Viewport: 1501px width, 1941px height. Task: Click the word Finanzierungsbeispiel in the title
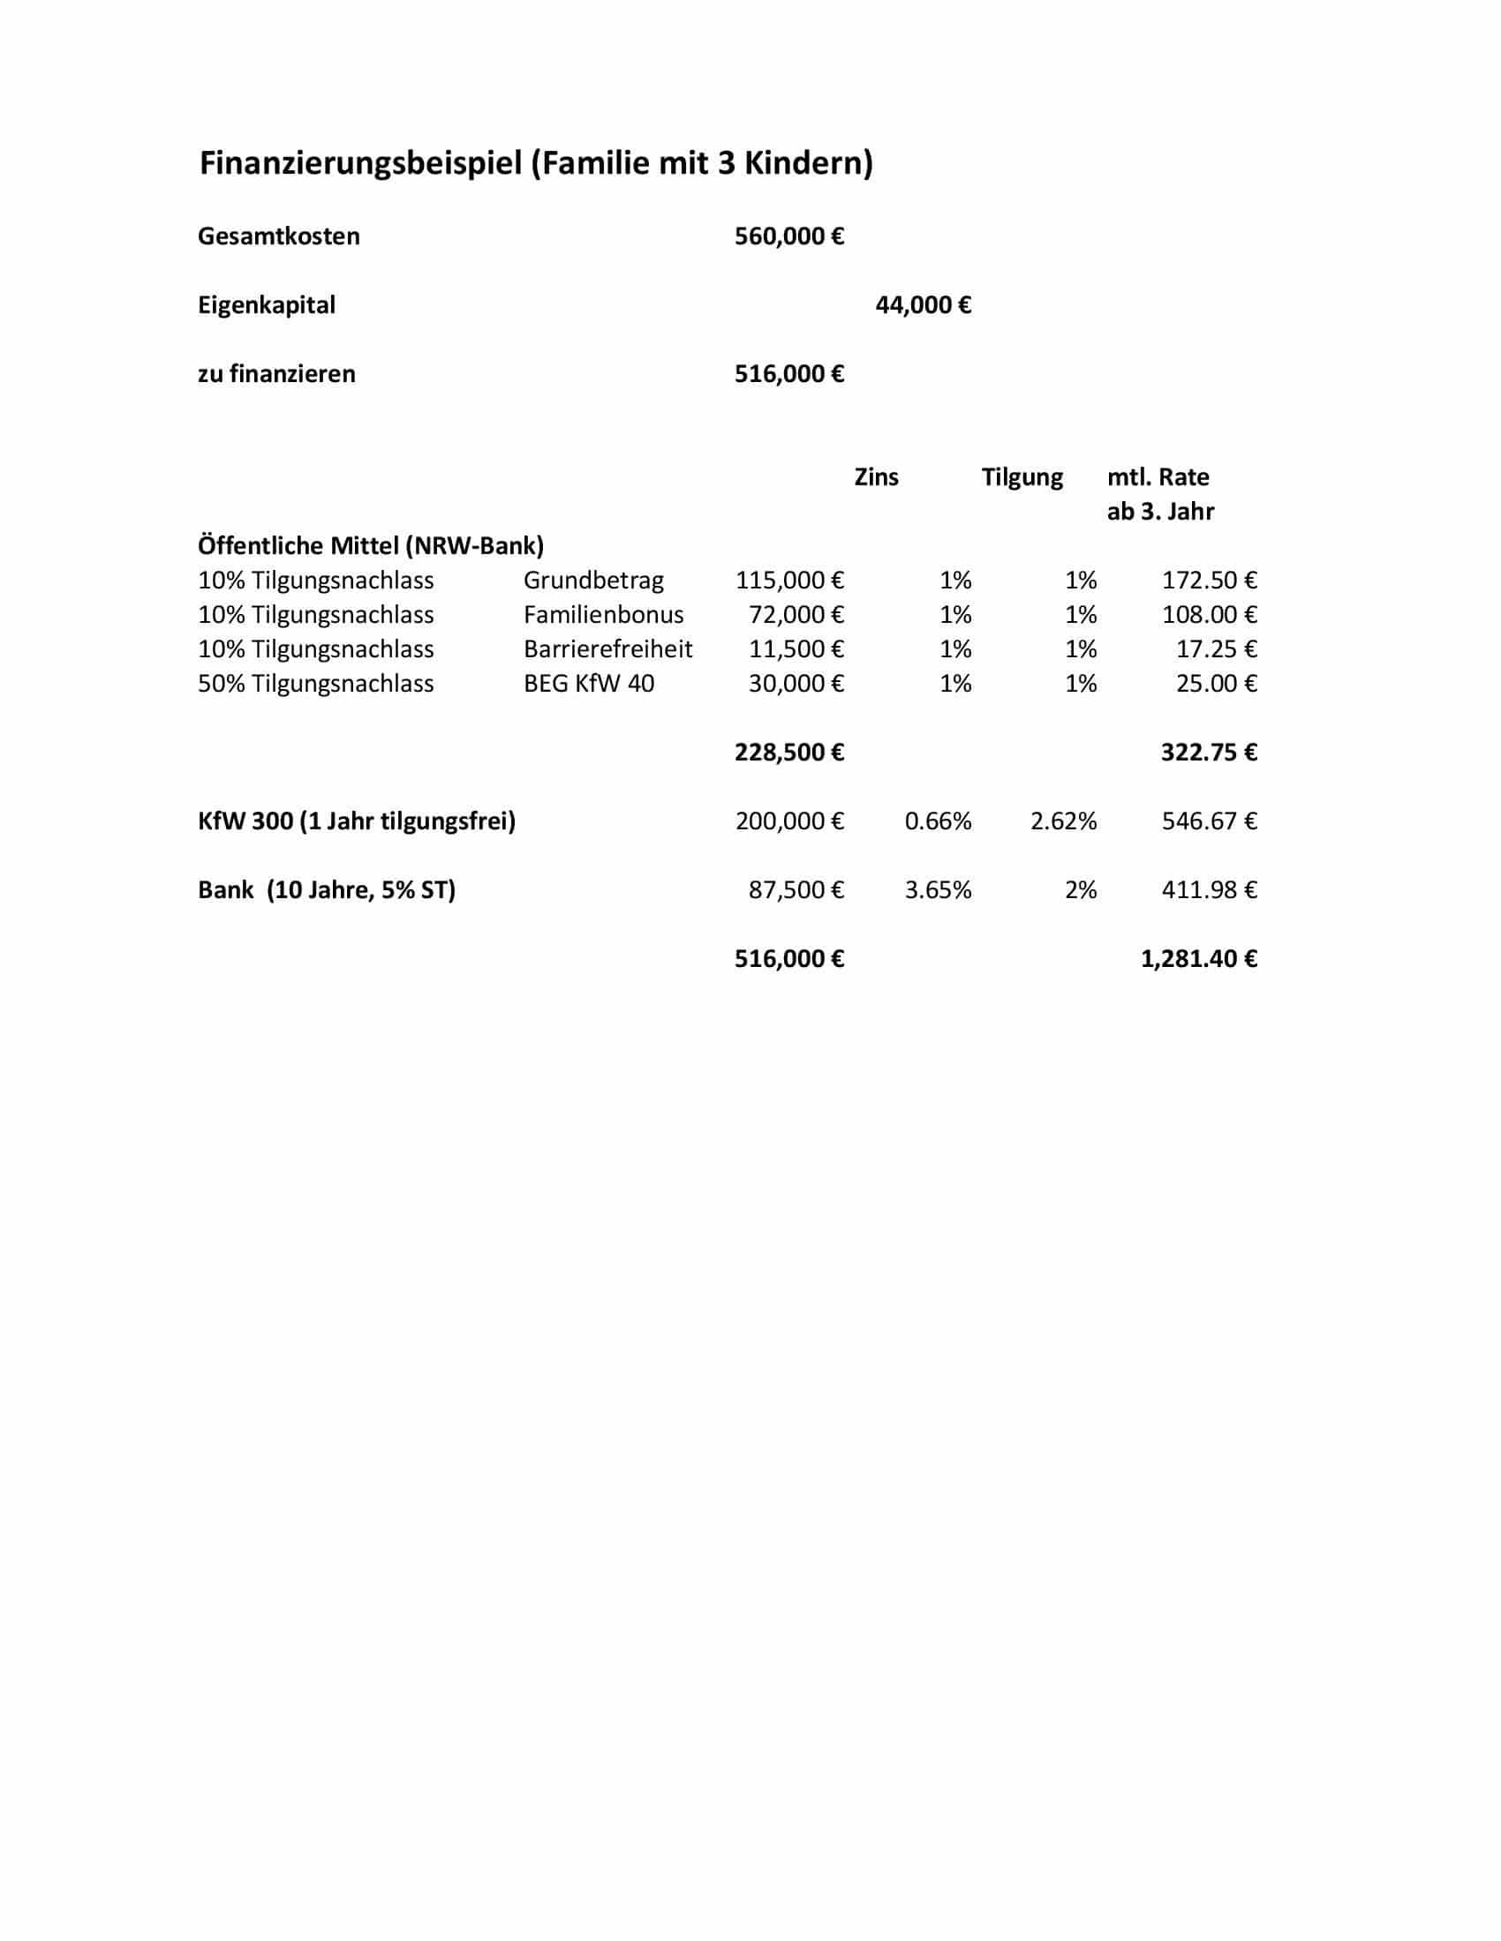pyautogui.click(x=360, y=164)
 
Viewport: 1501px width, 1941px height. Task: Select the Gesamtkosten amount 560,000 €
pyautogui.click(x=788, y=236)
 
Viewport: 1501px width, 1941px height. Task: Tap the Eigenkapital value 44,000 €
pyautogui.click(x=923, y=306)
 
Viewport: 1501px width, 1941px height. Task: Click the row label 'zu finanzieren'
pyautogui.click(x=276, y=374)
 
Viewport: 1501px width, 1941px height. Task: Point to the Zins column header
pyautogui.click(x=876, y=477)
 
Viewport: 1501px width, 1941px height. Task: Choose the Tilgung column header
pyautogui.click(x=1022, y=477)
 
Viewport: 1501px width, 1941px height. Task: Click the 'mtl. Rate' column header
pyautogui.click(x=1158, y=477)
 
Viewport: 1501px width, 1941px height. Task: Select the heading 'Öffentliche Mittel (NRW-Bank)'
pyautogui.click(x=371, y=545)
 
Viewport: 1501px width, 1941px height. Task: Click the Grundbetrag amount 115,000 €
pyautogui.click(x=788, y=581)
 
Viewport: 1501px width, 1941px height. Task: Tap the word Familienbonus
pyautogui.click(x=603, y=615)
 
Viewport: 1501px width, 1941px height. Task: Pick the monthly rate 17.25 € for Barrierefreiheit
pyautogui.click(x=1216, y=649)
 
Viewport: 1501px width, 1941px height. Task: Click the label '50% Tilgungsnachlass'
pyautogui.click(x=316, y=685)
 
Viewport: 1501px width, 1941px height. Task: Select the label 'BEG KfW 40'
pyautogui.click(x=589, y=685)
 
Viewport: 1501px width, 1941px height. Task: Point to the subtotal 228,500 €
pyautogui.click(x=788, y=753)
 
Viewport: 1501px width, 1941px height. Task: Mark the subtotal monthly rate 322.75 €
pyautogui.click(x=1209, y=753)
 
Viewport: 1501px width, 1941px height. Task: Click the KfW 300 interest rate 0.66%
pyautogui.click(x=937, y=821)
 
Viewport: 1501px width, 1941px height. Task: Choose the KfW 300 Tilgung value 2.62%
pyautogui.click(x=1064, y=821)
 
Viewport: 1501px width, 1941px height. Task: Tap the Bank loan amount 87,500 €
pyautogui.click(x=796, y=890)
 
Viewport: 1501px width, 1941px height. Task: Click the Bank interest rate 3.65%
pyautogui.click(x=937, y=890)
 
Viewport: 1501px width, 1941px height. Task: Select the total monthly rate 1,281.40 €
pyautogui.click(x=1199, y=959)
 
